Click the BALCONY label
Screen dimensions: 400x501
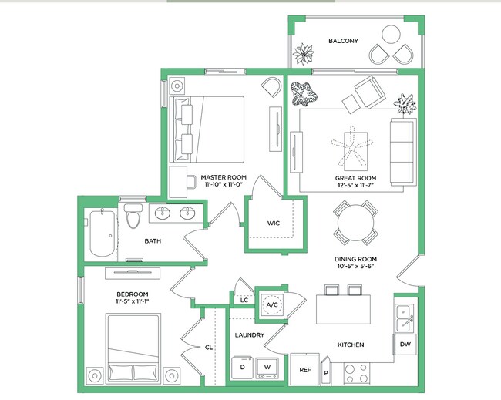click(x=343, y=41)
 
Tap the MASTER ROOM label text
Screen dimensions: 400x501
click(x=222, y=176)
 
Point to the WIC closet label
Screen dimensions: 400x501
click(x=273, y=223)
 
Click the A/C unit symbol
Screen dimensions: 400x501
click(x=271, y=304)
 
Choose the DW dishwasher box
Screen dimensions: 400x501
click(x=405, y=345)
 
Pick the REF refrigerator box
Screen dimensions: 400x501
click(x=304, y=370)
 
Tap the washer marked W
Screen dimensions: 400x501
click(x=267, y=366)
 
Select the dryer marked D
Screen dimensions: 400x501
click(x=242, y=366)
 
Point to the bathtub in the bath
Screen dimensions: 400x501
click(x=101, y=234)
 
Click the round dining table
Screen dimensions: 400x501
click(x=355, y=224)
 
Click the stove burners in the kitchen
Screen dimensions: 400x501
click(x=355, y=373)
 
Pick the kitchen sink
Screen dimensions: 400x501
click(x=404, y=315)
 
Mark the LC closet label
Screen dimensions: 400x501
click(x=244, y=300)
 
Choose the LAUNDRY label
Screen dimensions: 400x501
click(x=250, y=335)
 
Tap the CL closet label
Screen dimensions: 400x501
click(x=208, y=348)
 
